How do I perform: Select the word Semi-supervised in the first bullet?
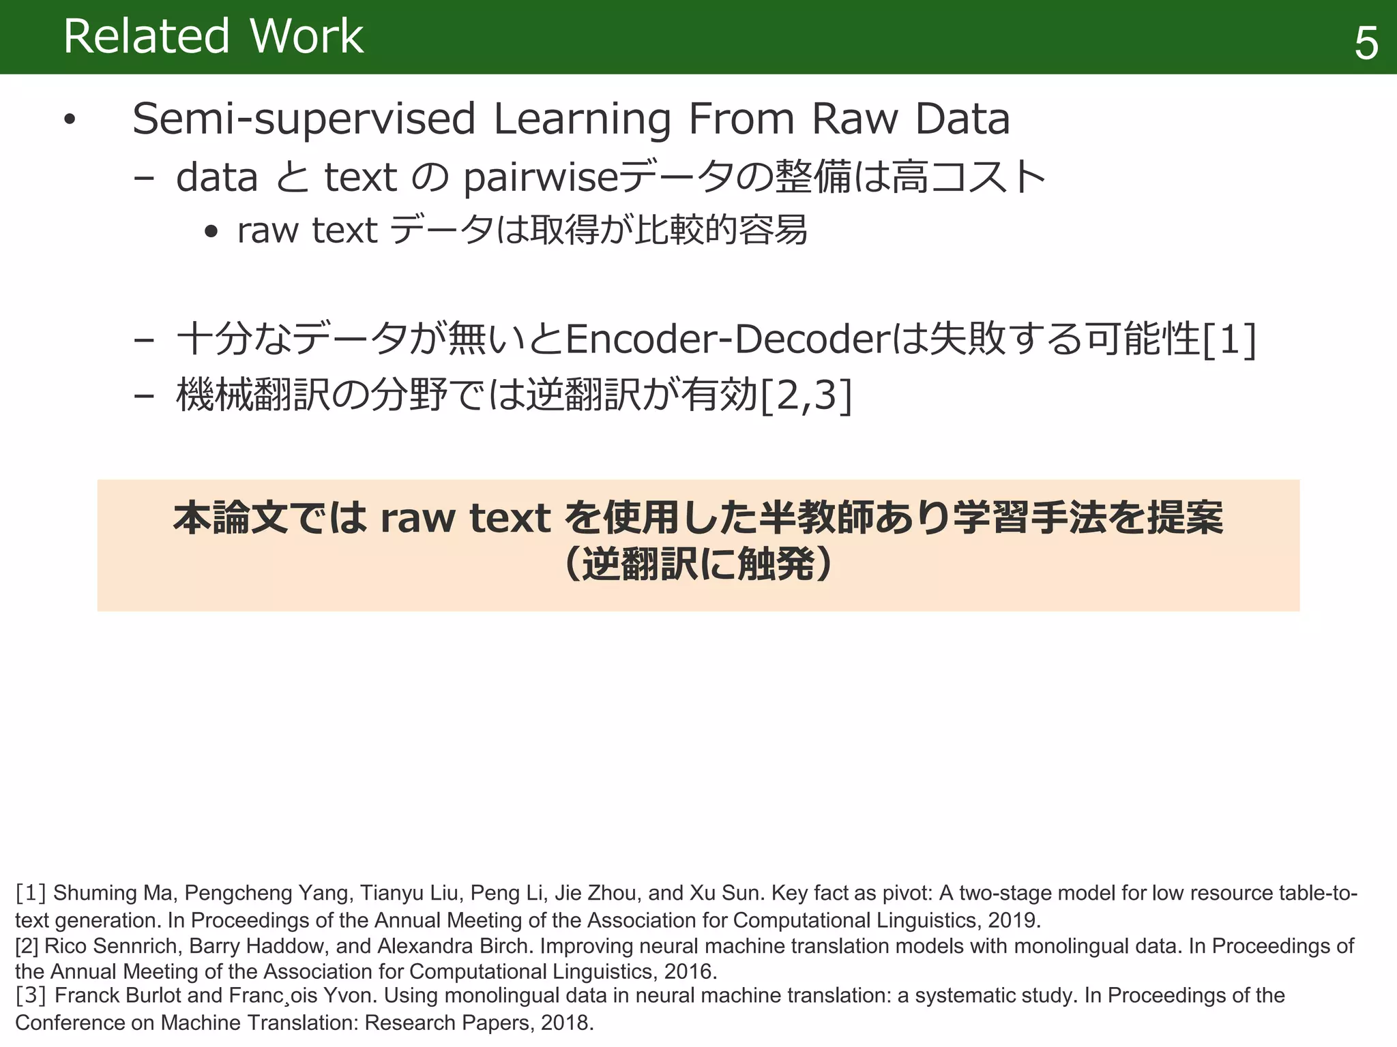[x=304, y=119]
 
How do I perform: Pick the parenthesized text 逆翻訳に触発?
[x=698, y=564]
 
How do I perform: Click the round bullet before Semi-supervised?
[x=69, y=120]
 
